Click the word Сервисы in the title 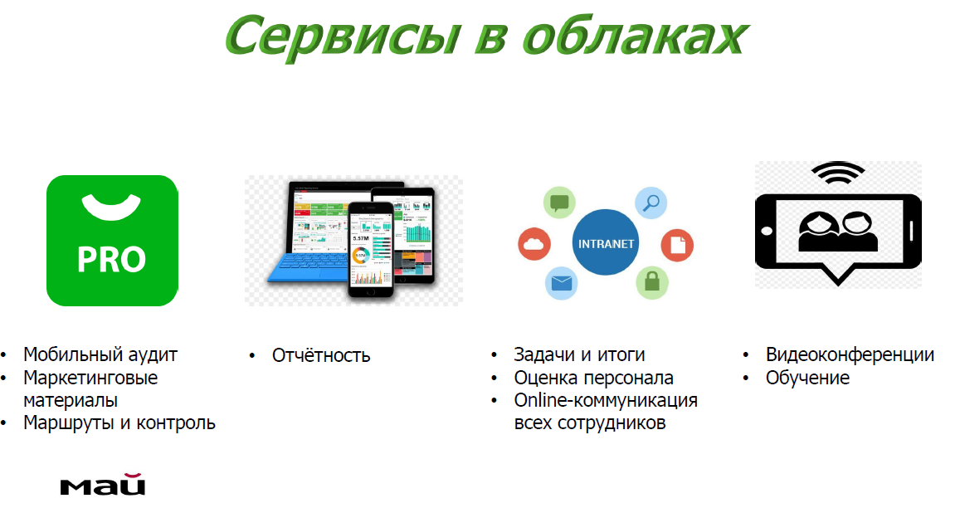pyautogui.click(x=343, y=37)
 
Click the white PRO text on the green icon pyautogui.click(x=111, y=259)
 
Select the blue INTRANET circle pyautogui.click(x=606, y=242)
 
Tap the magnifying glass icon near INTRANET pyautogui.click(x=651, y=203)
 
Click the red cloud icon pyautogui.click(x=534, y=244)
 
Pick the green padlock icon pyautogui.click(x=652, y=282)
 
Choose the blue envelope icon pyautogui.click(x=562, y=283)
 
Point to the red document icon pyautogui.click(x=677, y=245)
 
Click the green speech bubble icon pyautogui.click(x=559, y=203)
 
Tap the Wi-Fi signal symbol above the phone pyautogui.click(x=837, y=173)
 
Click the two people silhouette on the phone pyautogui.click(x=837, y=232)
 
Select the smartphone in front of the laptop pyautogui.click(x=371, y=250)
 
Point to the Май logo pyautogui.click(x=103, y=484)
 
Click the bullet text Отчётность pyautogui.click(x=321, y=355)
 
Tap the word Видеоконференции pyautogui.click(x=850, y=354)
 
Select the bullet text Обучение pyautogui.click(x=807, y=378)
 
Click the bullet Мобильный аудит pyautogui.click(x=100, y=354)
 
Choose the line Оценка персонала pyautogui.click(x=593, y=378)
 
